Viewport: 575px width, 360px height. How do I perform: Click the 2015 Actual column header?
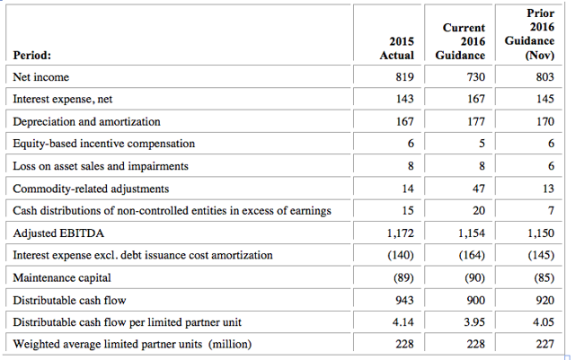(397, 48)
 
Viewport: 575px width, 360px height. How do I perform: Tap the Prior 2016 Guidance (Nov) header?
(529, 34)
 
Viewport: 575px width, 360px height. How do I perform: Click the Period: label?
(32, 55)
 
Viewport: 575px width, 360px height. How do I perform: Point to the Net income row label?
(40, 77)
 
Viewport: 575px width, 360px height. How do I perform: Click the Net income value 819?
(404, 77)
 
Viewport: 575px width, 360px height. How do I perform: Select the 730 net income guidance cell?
(475, 77)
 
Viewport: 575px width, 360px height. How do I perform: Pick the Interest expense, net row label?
(62, 99)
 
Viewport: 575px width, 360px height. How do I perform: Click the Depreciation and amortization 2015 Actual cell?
(404, 121)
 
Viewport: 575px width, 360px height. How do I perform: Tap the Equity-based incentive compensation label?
(104, 144)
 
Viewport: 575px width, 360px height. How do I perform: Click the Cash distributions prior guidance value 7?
(551, 211)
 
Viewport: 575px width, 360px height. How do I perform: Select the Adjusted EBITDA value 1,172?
(400, 233)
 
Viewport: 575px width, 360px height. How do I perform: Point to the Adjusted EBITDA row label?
(58, 233)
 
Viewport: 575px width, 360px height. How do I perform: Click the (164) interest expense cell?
(472, 255)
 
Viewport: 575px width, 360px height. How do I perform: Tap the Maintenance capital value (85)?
(544, 277)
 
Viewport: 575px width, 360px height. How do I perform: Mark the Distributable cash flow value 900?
(475, 300)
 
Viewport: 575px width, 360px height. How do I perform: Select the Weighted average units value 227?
(545, 344)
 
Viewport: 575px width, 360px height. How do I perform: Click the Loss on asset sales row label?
(101, 166)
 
